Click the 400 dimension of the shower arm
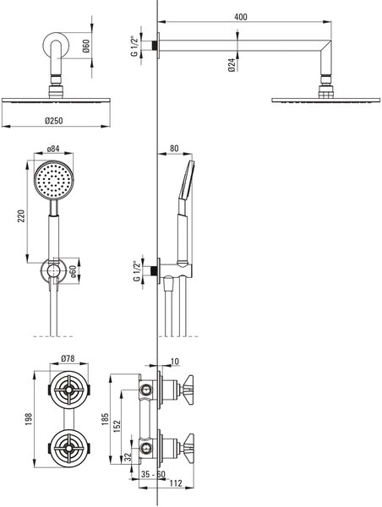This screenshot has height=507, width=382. (x=240, y=17)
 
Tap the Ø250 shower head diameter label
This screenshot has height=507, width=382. (x=54, y=121)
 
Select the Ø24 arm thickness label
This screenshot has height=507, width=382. (x=231, y=65)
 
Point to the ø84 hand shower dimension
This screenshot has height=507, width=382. (x=53, y=149)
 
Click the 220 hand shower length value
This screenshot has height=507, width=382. (x=21, y=216)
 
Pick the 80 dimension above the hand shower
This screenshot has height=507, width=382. (x=174, y=149)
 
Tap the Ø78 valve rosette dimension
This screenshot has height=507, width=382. (x=68, y=358)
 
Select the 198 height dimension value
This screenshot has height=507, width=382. (x=29, y=419)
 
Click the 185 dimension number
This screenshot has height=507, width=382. (x=106, y=419)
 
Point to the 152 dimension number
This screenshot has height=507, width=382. (x=117, y=426)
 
